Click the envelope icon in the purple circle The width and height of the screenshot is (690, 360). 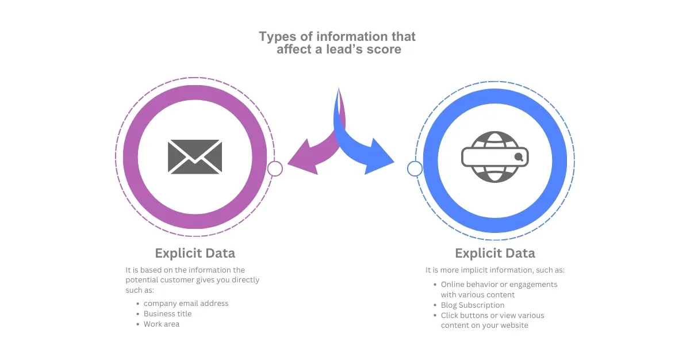195,156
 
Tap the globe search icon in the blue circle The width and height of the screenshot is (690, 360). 494,156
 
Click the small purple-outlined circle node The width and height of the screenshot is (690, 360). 275,168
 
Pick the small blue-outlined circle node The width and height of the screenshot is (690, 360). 415,168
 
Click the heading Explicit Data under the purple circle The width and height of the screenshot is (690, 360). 195,253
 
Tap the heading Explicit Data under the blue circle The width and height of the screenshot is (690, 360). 494,253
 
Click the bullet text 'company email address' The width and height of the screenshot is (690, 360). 186,303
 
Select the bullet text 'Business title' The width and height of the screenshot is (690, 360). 167,313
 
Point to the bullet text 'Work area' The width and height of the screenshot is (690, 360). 161,324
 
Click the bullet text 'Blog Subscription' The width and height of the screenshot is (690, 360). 472,305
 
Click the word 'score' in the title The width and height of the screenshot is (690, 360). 385,49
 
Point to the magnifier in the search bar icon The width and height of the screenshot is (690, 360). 519,156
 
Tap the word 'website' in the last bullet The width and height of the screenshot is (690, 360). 513,325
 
